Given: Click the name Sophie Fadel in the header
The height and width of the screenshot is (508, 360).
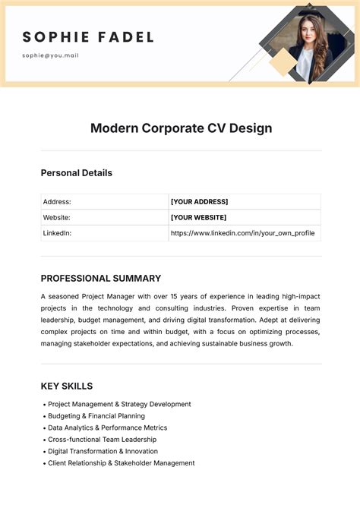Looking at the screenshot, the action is (88, 36).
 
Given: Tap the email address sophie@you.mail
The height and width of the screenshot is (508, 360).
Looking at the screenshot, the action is (50, 55).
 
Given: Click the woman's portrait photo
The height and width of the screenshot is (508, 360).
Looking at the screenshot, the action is (308, 46).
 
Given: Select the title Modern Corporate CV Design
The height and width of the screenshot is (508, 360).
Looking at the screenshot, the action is (181, 128).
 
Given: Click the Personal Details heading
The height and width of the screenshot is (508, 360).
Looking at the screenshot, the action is (76, 172).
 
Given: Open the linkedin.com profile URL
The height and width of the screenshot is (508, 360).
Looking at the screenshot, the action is (242, 233).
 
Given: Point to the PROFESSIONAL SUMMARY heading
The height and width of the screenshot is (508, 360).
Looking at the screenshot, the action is (100, 278).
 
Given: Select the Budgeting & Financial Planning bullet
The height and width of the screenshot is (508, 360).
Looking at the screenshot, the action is (96, 416).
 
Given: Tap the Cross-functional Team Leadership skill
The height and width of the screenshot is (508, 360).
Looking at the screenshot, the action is (102, 440).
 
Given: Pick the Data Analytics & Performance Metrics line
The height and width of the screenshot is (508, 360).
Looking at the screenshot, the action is (107, 428).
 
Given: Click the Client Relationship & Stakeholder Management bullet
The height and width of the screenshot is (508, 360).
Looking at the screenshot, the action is (121, 462).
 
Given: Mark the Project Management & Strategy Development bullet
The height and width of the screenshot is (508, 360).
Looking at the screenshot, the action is (118, 404).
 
